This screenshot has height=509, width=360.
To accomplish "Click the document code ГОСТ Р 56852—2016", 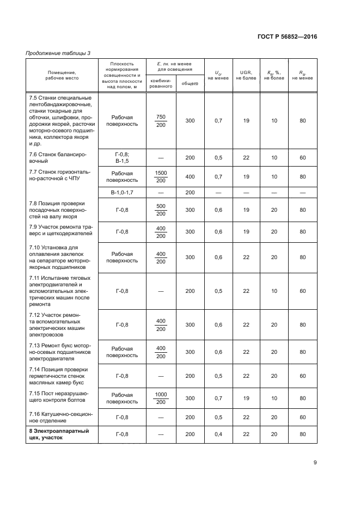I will click(287, 37).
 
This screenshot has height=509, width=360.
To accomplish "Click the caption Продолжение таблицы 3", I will click(58, 52).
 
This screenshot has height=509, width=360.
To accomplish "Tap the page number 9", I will click(315, 463).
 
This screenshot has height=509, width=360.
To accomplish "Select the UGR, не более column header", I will click(246, 75).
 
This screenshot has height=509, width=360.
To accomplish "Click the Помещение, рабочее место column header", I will click(61, 75).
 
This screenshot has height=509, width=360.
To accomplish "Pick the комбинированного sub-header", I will click(161, 83).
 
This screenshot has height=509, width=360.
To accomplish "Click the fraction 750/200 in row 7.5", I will click(161, 121).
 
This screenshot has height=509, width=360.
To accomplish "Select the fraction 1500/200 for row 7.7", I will click(161, 176).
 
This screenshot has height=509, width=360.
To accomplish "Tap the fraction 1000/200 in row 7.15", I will click(161, 398).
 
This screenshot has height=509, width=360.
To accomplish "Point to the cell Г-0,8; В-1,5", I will click(122, 158).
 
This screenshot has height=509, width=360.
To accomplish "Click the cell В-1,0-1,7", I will click(122, 193).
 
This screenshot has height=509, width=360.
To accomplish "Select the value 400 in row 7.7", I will click(190, 176).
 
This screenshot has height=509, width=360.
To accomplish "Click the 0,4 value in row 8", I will click(218, 434).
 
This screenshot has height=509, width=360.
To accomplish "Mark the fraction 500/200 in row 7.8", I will click(161, 210).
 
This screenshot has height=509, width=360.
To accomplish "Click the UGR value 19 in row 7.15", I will click(246, 398).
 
